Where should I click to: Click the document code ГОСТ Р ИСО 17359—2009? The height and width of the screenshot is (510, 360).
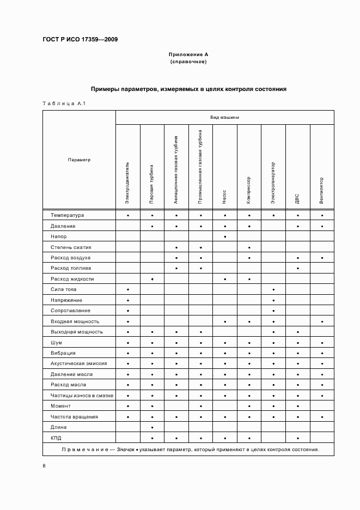coord(80,40)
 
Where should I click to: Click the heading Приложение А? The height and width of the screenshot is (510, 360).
coord(188,55)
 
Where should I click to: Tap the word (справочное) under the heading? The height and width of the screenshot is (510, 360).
coord(188,62)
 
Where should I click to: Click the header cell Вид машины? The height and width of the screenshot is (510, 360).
coord(224,117)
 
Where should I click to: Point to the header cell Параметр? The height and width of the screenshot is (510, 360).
coord(79,160)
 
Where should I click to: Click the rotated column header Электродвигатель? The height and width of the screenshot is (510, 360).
coord(127,183)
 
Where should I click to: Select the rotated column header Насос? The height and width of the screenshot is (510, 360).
coord(224,197)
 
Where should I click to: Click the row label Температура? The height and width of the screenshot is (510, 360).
coord(67,215)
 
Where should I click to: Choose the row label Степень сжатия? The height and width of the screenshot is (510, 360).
coord(71,247)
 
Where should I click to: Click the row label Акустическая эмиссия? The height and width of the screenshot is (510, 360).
coord(78,363)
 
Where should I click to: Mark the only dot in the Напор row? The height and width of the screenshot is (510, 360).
coord(224,236)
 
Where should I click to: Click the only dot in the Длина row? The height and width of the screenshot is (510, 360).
coord(152,427)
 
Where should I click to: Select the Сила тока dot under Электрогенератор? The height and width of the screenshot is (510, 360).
coord(273,289)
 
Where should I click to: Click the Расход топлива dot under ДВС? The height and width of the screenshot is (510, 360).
coord(297,268)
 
